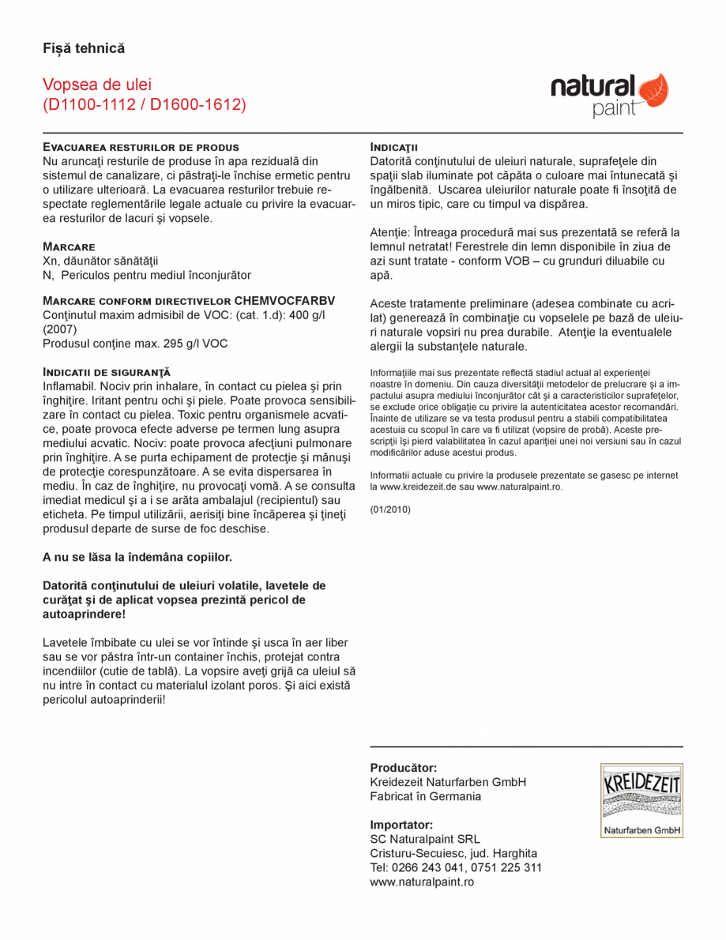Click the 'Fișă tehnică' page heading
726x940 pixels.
click(84, 49)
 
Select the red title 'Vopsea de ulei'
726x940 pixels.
click(96, 85)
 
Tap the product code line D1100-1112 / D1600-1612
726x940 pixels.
click(144, 104)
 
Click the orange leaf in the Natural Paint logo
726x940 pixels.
click(653, 89)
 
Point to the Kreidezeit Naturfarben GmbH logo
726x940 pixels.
click(641, 800)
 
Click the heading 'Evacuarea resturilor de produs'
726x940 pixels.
click(141, 147)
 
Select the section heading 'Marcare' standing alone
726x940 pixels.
click(69, 246)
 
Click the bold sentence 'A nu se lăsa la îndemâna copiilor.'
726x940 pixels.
click(137, 557)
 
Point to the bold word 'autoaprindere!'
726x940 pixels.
click(84, 614)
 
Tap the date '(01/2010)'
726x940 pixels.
click(390, 509)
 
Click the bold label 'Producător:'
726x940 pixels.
click(404, 767)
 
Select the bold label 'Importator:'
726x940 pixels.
click(401, 824)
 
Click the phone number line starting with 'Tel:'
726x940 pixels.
click(456, 867)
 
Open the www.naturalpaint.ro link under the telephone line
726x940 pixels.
click(422, 882)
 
